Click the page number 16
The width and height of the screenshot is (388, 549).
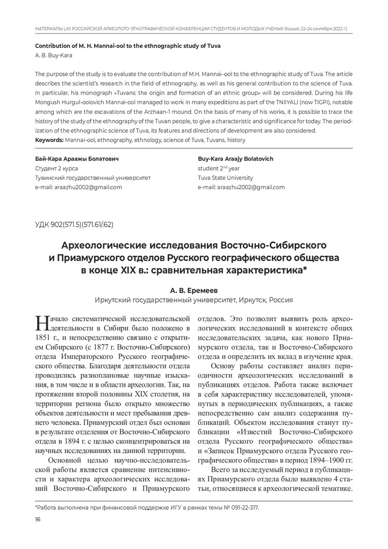(x=37, y=519)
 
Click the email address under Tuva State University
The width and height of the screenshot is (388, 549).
(x=242, y=187)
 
